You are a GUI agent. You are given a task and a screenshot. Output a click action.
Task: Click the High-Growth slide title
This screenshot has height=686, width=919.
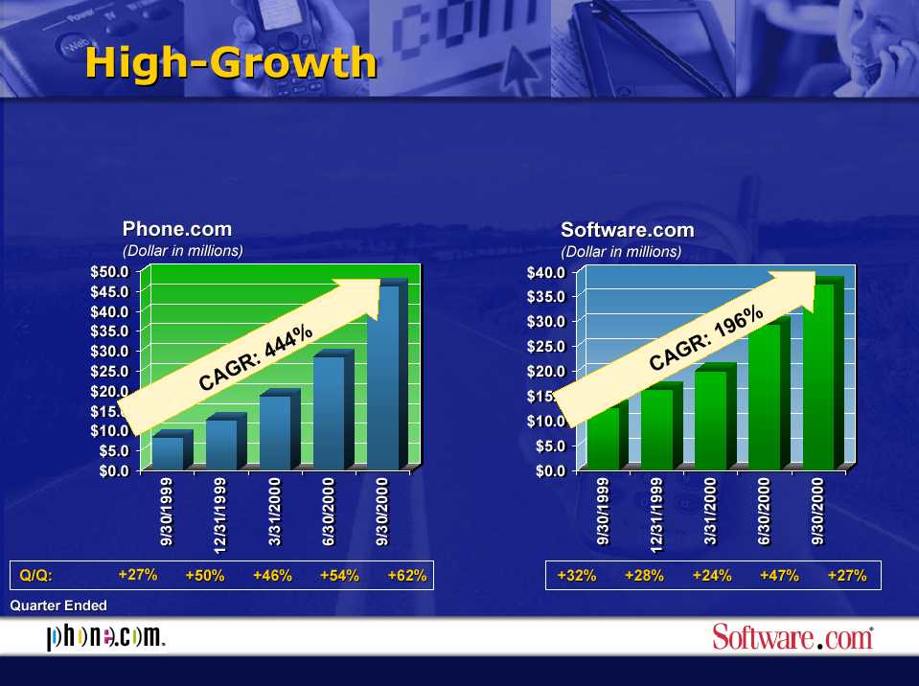(231, 62)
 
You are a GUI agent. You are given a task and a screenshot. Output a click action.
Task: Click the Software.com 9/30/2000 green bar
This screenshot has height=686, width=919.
(823, 373)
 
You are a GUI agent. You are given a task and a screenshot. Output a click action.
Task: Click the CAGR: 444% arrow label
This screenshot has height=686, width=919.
(256, 357)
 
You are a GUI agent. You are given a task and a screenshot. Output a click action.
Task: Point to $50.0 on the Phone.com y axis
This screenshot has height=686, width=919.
(109, 272)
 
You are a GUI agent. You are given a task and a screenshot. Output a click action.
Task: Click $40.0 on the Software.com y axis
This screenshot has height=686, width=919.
(545, 272)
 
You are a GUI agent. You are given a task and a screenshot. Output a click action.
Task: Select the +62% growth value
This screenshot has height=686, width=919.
(407, 575)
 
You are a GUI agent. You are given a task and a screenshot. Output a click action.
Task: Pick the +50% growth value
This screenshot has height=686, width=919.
(205, 575)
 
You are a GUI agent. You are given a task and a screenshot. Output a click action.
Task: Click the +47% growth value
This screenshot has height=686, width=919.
(779, 575)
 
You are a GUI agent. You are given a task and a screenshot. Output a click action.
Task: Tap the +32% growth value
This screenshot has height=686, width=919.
(577, 575)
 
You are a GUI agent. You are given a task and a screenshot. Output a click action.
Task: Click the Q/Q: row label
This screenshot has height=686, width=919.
(35, 575)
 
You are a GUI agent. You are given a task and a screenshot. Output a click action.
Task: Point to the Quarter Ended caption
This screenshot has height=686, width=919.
(58, 606)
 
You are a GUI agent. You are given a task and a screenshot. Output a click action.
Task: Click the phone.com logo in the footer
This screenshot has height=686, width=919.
(105, 637)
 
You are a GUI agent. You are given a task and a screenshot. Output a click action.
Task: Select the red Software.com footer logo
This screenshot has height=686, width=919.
(793, 637)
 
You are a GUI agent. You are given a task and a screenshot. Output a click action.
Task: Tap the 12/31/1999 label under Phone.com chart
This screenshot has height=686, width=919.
(220, 515)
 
